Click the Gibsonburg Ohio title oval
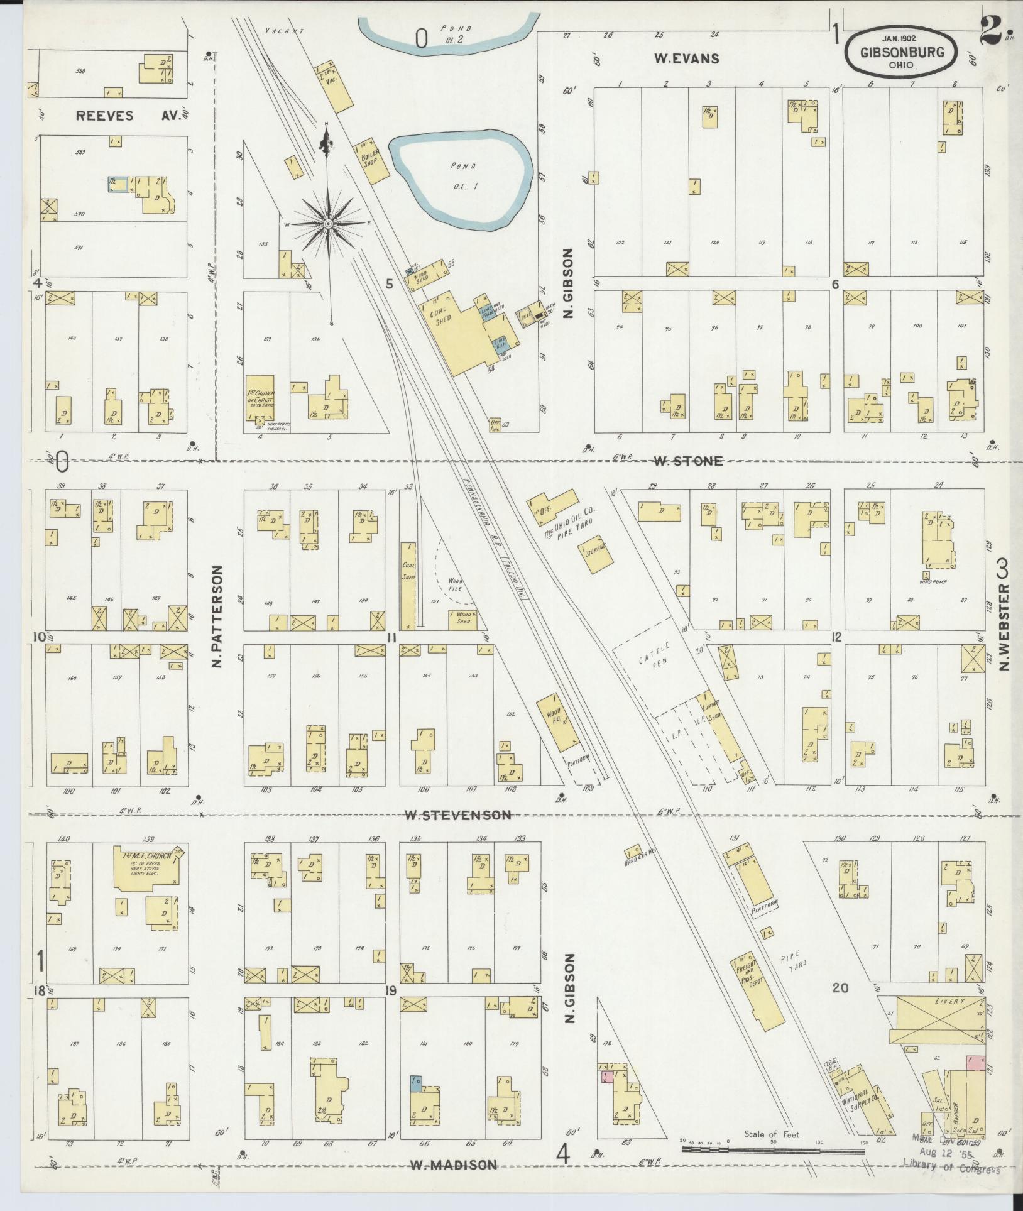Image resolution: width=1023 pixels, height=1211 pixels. pos(901,53)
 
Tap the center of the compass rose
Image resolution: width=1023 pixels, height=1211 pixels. pos(327,223)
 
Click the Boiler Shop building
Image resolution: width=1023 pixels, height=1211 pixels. pos(371,162)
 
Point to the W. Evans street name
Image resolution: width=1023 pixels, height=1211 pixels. pos(686,59)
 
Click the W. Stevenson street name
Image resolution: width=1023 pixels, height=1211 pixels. pos(457,815)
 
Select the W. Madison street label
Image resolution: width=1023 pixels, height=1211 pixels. pos(453,1164)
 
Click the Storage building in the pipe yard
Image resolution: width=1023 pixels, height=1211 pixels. pos(593,554)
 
